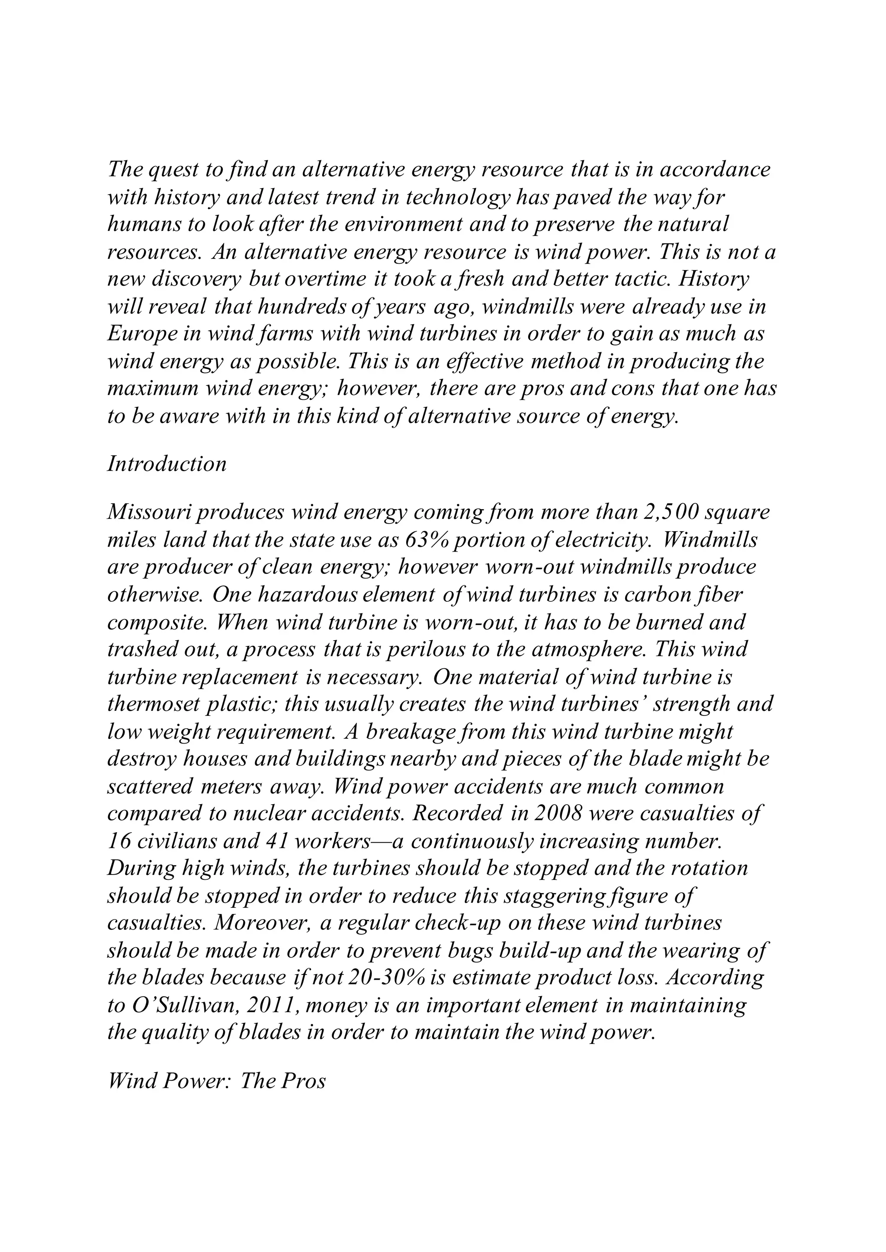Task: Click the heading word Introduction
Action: click(x=167, y=464)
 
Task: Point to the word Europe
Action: click(x=140, y=334)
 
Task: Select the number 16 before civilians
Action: click(x=117, y=841)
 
